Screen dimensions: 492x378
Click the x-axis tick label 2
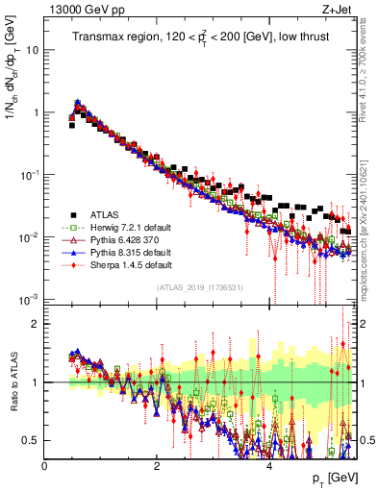coord(157,465)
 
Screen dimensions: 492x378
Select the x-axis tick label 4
coord(269,465)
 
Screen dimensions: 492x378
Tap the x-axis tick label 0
coord(44,465)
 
